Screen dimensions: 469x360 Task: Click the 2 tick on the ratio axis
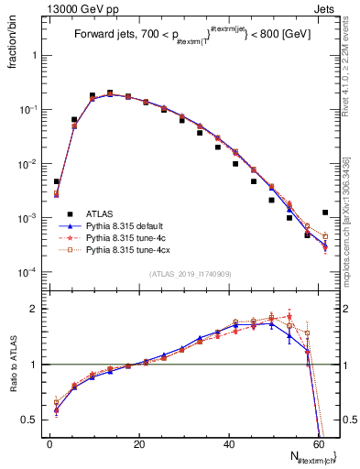pos(35,309)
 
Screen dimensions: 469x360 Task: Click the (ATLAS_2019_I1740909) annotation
pos(190,274)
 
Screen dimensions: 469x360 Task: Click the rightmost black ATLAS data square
pos(325,213)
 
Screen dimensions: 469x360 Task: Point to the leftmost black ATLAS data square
pos(57,181)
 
